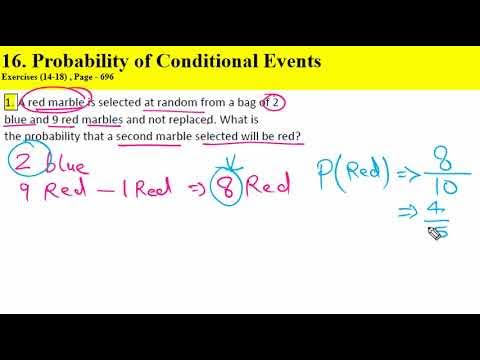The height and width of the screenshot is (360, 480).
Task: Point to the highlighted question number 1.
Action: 9,102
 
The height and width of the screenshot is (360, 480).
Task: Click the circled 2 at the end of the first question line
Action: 277,102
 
